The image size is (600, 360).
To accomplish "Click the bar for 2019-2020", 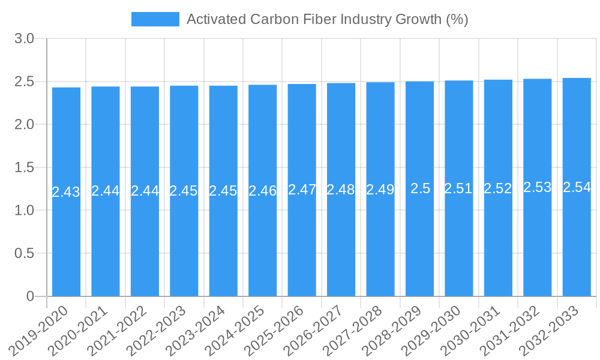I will pyautogui.click(x=66, y=240).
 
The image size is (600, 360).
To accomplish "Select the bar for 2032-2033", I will pyautogui.click(x=577, y=240).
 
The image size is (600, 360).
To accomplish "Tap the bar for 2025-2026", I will pyautogui.click(x=302, y=240).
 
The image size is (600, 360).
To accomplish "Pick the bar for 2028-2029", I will pyautogui.click(x=419, y=240).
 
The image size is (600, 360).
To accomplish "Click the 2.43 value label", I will pyautogui.click(x=66, y=192).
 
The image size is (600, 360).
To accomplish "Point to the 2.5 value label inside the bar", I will pyautogui.click(x=420, y=188).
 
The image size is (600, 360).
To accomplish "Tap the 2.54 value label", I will pyautogui.click(x=577, y=187).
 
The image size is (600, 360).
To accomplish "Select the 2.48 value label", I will pyautogui.click(x=341, y=190).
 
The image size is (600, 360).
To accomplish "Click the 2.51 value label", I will pyautogui.click(x=458, y=188).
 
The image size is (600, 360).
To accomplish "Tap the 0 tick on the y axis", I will pyautogui.click(x=31, y=296).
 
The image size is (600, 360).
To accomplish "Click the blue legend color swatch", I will pyautogui.click(x=155, y=19).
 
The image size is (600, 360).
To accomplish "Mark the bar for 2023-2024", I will pyautogui.click(x=223, y=240).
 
